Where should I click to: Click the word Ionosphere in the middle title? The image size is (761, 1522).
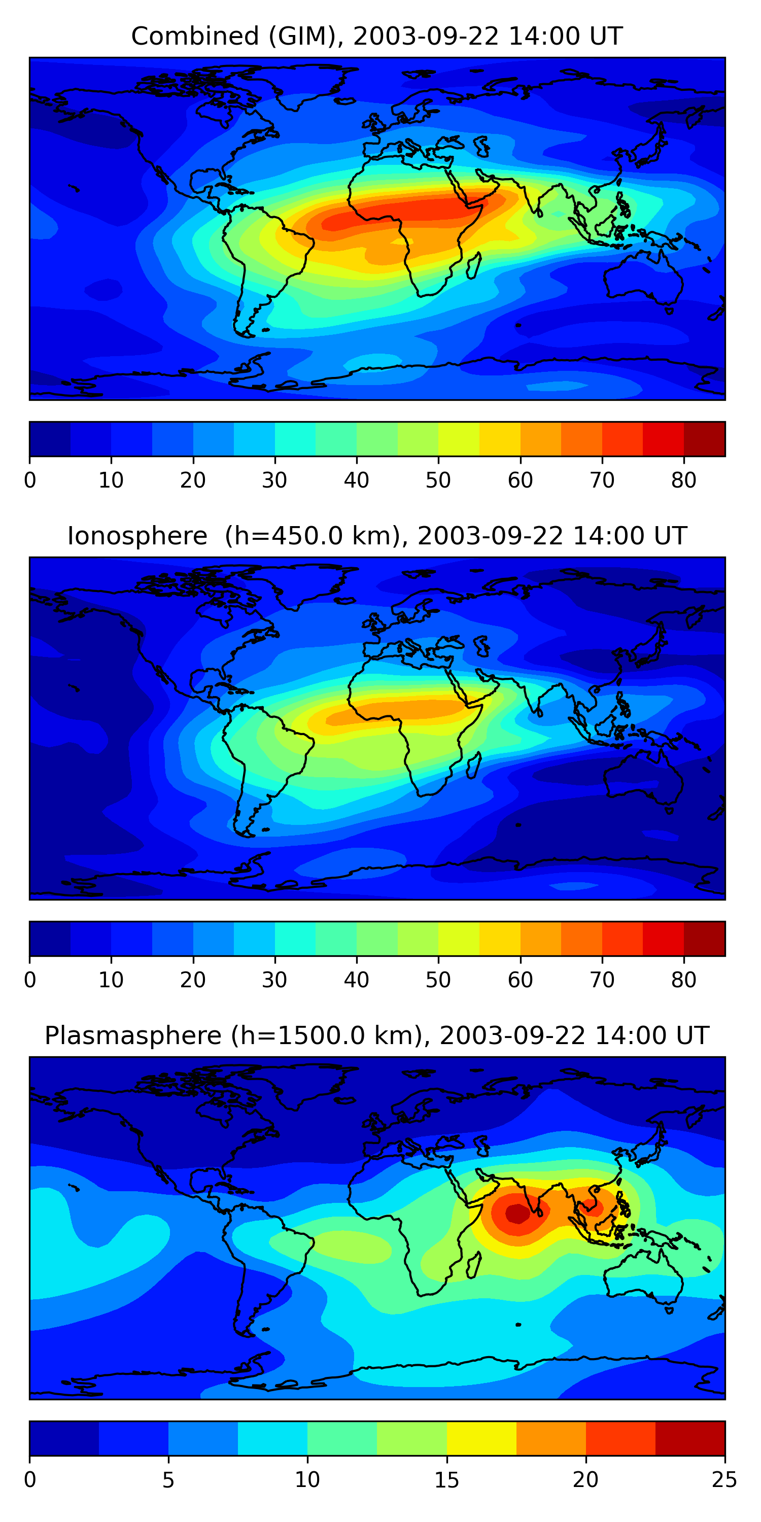pyautogui.click(x=137, y=536)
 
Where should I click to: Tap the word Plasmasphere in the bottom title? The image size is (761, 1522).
pyautogui.click(x=133, y=1036)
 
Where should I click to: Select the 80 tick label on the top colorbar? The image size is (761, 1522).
pyautogui.click(x=683, y=480)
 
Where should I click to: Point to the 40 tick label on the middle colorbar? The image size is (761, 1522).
pyautogui.click(x=356, y=980)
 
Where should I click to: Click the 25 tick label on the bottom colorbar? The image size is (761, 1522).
pyautogui.click(x=724, y=1480)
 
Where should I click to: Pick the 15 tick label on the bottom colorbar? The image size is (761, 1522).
pyautogui.click(x=446, y=1480)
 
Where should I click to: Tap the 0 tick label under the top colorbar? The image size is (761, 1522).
pyautogui.click(x=30, y=480)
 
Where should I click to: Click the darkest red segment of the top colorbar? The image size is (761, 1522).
pyautogui.click(x=704, y=439)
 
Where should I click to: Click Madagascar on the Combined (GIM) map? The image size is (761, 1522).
pyautogui.click(x=474, y=265)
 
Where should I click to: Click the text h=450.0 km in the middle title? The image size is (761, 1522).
pyautogui.click(x=309, y=536)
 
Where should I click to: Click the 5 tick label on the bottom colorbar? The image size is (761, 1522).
pyautogui.click(x=168, y=1480)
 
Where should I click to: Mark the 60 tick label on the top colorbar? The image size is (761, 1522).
pyautogui.click(x=520, y=480)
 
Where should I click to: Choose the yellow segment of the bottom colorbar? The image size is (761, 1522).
pyautogui.click(x=481, y=1439)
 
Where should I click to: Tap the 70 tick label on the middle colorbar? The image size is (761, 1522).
pyautogui.click(x=602, y=980)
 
